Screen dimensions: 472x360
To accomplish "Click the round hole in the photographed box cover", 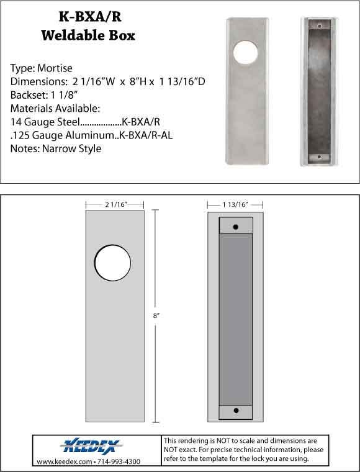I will [x=244, y=52].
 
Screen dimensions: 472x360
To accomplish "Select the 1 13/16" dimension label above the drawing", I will [x=235, y=203].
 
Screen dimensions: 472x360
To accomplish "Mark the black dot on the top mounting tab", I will [x=235, y=227].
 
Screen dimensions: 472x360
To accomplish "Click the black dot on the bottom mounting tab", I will [x=235, y=411].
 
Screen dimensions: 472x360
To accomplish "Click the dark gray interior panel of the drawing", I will [x=235, y=319].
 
